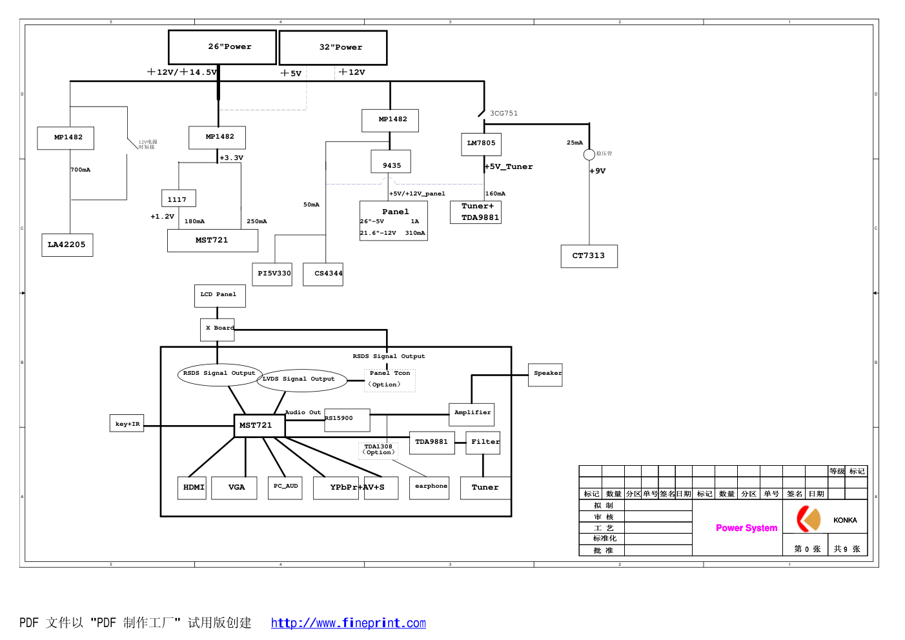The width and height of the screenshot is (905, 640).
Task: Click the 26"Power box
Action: click(222, 47)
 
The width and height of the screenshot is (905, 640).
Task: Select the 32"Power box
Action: click(333, 48)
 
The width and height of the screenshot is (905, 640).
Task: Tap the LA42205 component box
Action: click(67, 245)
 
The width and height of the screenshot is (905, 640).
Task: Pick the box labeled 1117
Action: click(178, 199)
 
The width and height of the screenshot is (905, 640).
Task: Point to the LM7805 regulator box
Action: click(482, 144)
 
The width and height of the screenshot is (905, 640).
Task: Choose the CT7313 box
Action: click(589, 256)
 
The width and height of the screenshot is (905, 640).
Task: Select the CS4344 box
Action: click(323, 274)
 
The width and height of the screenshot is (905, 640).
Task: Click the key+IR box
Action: click(127, 424)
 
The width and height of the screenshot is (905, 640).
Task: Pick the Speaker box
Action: click(545, 374)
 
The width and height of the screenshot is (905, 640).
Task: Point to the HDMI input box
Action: click(192, 488)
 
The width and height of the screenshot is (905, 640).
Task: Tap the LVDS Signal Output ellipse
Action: click(301, 379)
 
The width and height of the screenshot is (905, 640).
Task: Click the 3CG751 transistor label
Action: click(503, 114)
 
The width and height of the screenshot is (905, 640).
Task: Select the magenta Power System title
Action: click(746, 528)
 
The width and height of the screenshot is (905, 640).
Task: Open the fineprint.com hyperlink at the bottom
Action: click(348, 623)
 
